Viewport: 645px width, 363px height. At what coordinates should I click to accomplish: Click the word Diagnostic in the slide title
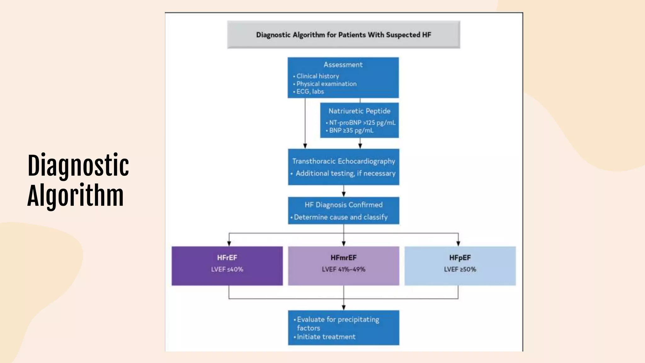click(x=78, y=166)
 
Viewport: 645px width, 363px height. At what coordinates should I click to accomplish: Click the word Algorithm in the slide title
click(x=76, y=195)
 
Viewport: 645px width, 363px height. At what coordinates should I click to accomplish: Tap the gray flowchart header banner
click(x=343, y=35)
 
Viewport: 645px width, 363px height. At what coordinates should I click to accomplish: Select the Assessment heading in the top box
click(x=343, y=65)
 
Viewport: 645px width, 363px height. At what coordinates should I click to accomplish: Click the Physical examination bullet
click(x=326, y=84)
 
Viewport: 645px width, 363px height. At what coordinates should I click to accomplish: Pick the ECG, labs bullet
click(x=310, y=92)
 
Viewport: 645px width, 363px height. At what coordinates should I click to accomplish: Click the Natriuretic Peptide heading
click(x=359, y=111)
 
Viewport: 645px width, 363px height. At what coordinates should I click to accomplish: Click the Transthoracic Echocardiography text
click(x=343, y=161)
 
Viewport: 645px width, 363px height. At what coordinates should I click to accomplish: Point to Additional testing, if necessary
click(x=345, y=173)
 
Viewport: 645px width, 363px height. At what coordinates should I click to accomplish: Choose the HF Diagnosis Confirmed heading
click(x=343, y=205)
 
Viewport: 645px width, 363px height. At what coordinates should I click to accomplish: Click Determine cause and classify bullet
click(x=340, y=217)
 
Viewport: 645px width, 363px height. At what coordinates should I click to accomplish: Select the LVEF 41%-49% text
click(x=343, y=269)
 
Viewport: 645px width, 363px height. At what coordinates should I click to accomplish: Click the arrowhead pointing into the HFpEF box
click(x=458, y=244)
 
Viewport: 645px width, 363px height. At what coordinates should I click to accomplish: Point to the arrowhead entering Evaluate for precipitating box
click(x=344, y=308)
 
